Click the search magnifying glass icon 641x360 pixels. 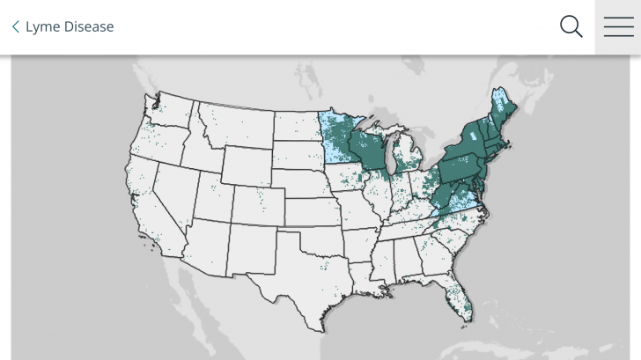tap(571, 26)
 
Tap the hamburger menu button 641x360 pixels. tap(618, 26)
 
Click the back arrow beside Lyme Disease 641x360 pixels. tap(15, 26)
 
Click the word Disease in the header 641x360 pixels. tap(86, 26)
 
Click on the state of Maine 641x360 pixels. tap(504, 109)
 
